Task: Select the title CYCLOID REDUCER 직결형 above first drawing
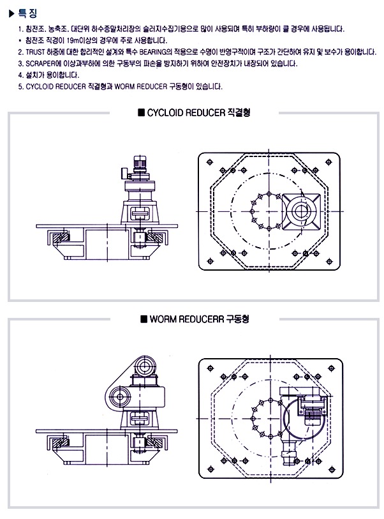[x=198, y=113]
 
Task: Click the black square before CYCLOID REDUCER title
[x=141, y=113]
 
